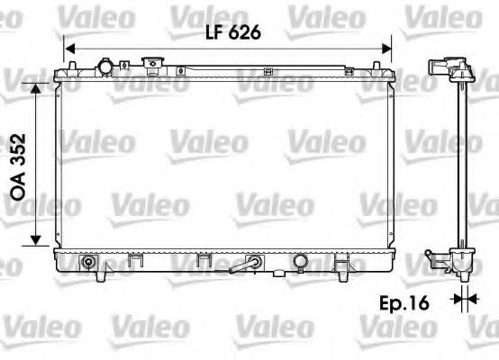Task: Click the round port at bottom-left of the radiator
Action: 88,264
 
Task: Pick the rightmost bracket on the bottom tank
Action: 341,264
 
